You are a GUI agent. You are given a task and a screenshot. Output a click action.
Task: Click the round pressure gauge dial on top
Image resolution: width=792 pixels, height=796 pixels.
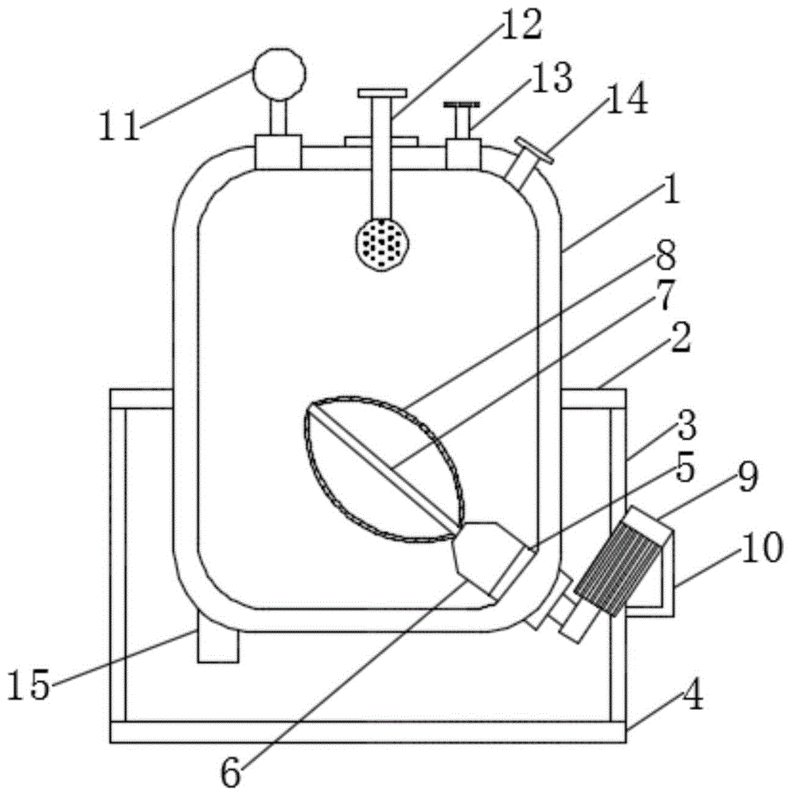[279, 75]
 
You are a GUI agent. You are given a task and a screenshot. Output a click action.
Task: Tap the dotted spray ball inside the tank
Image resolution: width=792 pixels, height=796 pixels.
[383, 244]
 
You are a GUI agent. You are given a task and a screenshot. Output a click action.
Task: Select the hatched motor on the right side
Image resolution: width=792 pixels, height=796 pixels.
[619, 568]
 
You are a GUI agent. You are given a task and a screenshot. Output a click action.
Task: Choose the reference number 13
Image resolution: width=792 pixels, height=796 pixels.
[551, 78]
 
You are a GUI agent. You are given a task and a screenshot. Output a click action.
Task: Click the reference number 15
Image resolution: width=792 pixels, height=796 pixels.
[29, 685]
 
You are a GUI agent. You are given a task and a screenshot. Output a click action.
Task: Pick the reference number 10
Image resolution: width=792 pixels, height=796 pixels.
[761, 548]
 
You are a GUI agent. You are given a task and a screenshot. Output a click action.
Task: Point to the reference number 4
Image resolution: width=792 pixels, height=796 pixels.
[692, 696]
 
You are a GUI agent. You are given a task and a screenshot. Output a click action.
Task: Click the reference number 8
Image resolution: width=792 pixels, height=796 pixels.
[665, 255]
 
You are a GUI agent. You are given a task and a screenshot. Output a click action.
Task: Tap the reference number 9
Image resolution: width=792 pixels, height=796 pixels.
[747, 478]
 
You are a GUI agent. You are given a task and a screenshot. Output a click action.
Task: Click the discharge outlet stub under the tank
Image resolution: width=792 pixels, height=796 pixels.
[218, 637]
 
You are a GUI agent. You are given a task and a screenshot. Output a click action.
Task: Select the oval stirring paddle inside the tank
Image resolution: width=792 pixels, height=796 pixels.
[383, 469]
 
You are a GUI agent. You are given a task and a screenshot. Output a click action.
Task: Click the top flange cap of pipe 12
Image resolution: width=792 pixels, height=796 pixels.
[382, 93]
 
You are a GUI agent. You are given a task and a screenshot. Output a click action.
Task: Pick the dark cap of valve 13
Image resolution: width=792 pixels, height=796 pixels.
[462, 104]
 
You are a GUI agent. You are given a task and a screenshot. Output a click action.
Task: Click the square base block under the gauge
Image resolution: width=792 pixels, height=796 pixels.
[279, 152]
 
